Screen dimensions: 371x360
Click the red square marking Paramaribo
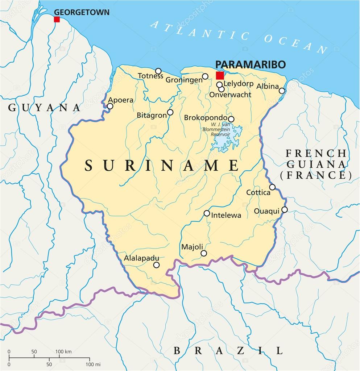coord(220,75)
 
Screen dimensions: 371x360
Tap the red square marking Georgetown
coord(57,19)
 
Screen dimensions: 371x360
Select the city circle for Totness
coord(158,71)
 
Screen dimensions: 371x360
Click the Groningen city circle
coord(205,76)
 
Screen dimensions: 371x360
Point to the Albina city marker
coord(282,91)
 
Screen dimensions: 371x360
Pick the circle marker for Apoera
coord(110,106)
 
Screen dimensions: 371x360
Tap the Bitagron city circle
coord(170,112)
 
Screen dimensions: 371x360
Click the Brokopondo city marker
coord(231,119)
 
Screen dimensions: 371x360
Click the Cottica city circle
coord(272,187)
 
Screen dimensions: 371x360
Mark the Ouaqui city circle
coord(285,209)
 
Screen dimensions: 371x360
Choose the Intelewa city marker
coord(207,213)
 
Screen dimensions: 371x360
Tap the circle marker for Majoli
coord(204,253)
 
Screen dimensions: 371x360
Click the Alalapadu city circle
coord(156,265)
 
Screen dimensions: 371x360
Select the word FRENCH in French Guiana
coord(315,153)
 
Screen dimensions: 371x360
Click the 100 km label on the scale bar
coord(63,351)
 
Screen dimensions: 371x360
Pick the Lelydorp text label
coord(238,84)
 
